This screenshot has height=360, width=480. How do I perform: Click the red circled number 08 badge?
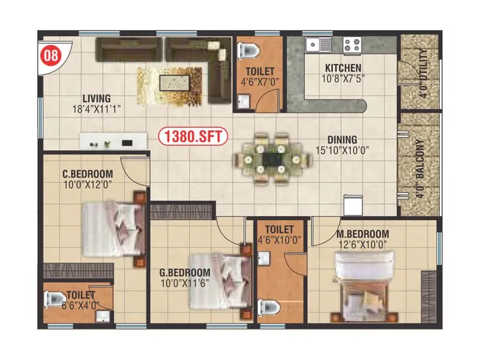tap(51, 56)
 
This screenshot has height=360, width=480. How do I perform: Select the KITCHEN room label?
tap(343, 68)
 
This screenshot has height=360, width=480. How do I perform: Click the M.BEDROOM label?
tap(362, 233)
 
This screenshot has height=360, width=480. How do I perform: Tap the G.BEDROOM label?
tap(185, 271)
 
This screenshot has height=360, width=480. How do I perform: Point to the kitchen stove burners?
tap(351, 44)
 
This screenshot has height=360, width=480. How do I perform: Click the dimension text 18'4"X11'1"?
tap(97, 110)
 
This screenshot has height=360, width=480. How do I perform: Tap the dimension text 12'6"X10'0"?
tap(362, 244)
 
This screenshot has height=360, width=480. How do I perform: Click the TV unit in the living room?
tap(114, 142)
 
